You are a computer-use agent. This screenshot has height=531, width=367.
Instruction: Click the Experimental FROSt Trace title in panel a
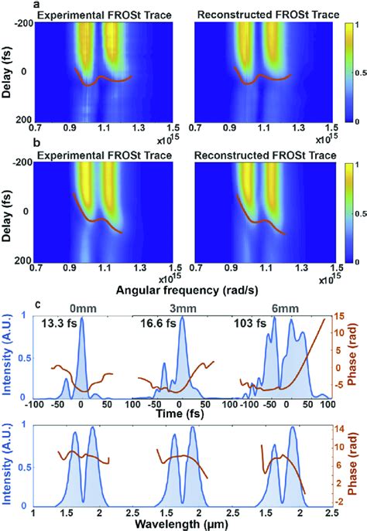pos(105,15)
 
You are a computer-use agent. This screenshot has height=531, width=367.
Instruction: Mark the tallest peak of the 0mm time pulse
pos(81,318)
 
